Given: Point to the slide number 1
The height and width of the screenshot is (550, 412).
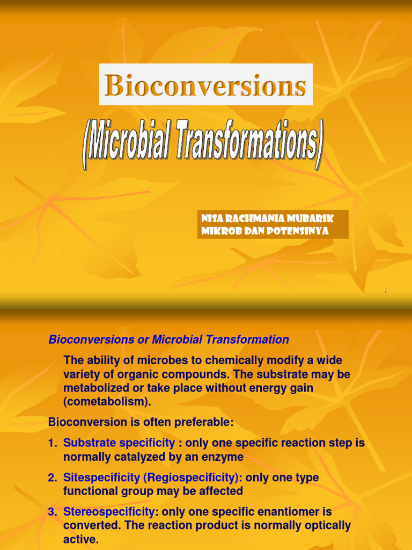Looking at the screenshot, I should click(385, 290).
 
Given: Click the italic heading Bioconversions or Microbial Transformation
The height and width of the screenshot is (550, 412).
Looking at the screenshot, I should click(168, 339).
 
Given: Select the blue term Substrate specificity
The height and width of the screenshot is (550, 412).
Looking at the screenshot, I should click(119, 443).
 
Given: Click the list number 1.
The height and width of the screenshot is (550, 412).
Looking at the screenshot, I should click(52, 443).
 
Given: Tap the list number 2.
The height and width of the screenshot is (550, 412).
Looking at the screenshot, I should click(52, 477).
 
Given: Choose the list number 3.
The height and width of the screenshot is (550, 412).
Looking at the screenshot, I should click(52, 512).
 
